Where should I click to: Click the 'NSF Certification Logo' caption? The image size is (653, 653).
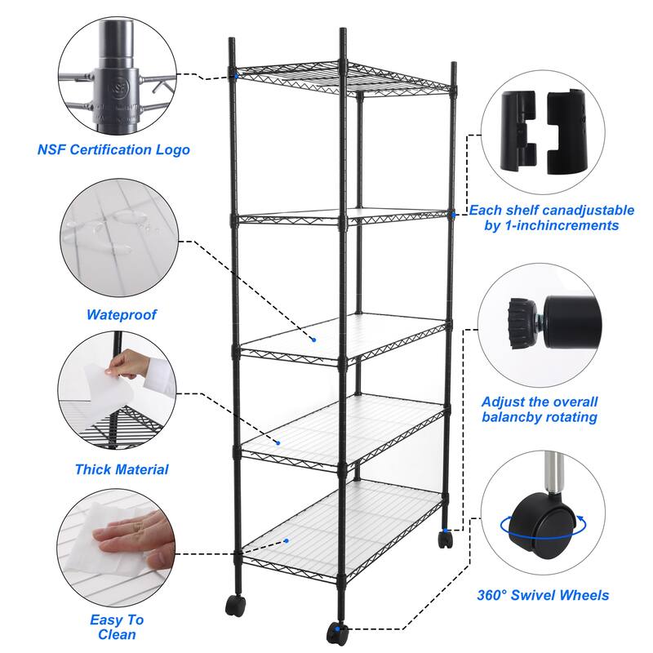coord(113,150)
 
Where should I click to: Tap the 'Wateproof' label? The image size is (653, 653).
coord(122,314)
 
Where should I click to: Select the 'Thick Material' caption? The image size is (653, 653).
coord(122,469)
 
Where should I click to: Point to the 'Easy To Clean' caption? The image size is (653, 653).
coord(118,627)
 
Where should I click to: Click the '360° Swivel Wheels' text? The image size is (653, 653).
coord(543,595)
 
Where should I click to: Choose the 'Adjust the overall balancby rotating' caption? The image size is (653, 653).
coord(540,410)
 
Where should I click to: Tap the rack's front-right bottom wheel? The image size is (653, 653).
coord(335,633)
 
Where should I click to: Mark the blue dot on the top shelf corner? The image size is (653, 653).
coord(236,76)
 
